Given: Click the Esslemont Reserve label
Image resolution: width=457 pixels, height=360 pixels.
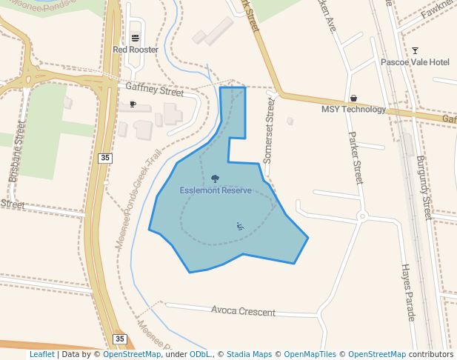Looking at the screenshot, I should coord(216,190).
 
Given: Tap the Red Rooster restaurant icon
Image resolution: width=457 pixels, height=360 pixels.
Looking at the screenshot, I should coord(135,38).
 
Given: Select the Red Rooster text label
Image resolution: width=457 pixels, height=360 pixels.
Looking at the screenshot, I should coord(136,50).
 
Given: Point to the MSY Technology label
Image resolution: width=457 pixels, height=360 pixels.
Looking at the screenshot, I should coord(353,110).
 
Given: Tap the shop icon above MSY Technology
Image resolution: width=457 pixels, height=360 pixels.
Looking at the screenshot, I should coord(353,98).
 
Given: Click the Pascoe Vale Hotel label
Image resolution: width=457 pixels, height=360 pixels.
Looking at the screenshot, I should coord(415,62).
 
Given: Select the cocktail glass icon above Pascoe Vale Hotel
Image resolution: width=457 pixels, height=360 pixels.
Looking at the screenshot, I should coord(415,50).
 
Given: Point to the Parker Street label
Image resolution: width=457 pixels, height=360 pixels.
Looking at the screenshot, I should coord(356,157).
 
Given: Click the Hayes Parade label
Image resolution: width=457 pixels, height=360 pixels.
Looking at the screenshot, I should coord(407,292).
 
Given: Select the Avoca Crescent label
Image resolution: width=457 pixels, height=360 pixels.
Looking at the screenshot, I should coord(243,311).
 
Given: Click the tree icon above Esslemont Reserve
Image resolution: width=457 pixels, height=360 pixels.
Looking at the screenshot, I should coord(215,179).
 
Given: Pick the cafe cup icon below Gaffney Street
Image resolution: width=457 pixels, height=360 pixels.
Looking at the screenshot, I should coord(133,104).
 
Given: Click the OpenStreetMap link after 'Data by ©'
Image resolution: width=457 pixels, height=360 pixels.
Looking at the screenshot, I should coord(132,355).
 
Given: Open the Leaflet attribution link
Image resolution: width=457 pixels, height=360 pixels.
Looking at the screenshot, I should coord(41,355).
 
